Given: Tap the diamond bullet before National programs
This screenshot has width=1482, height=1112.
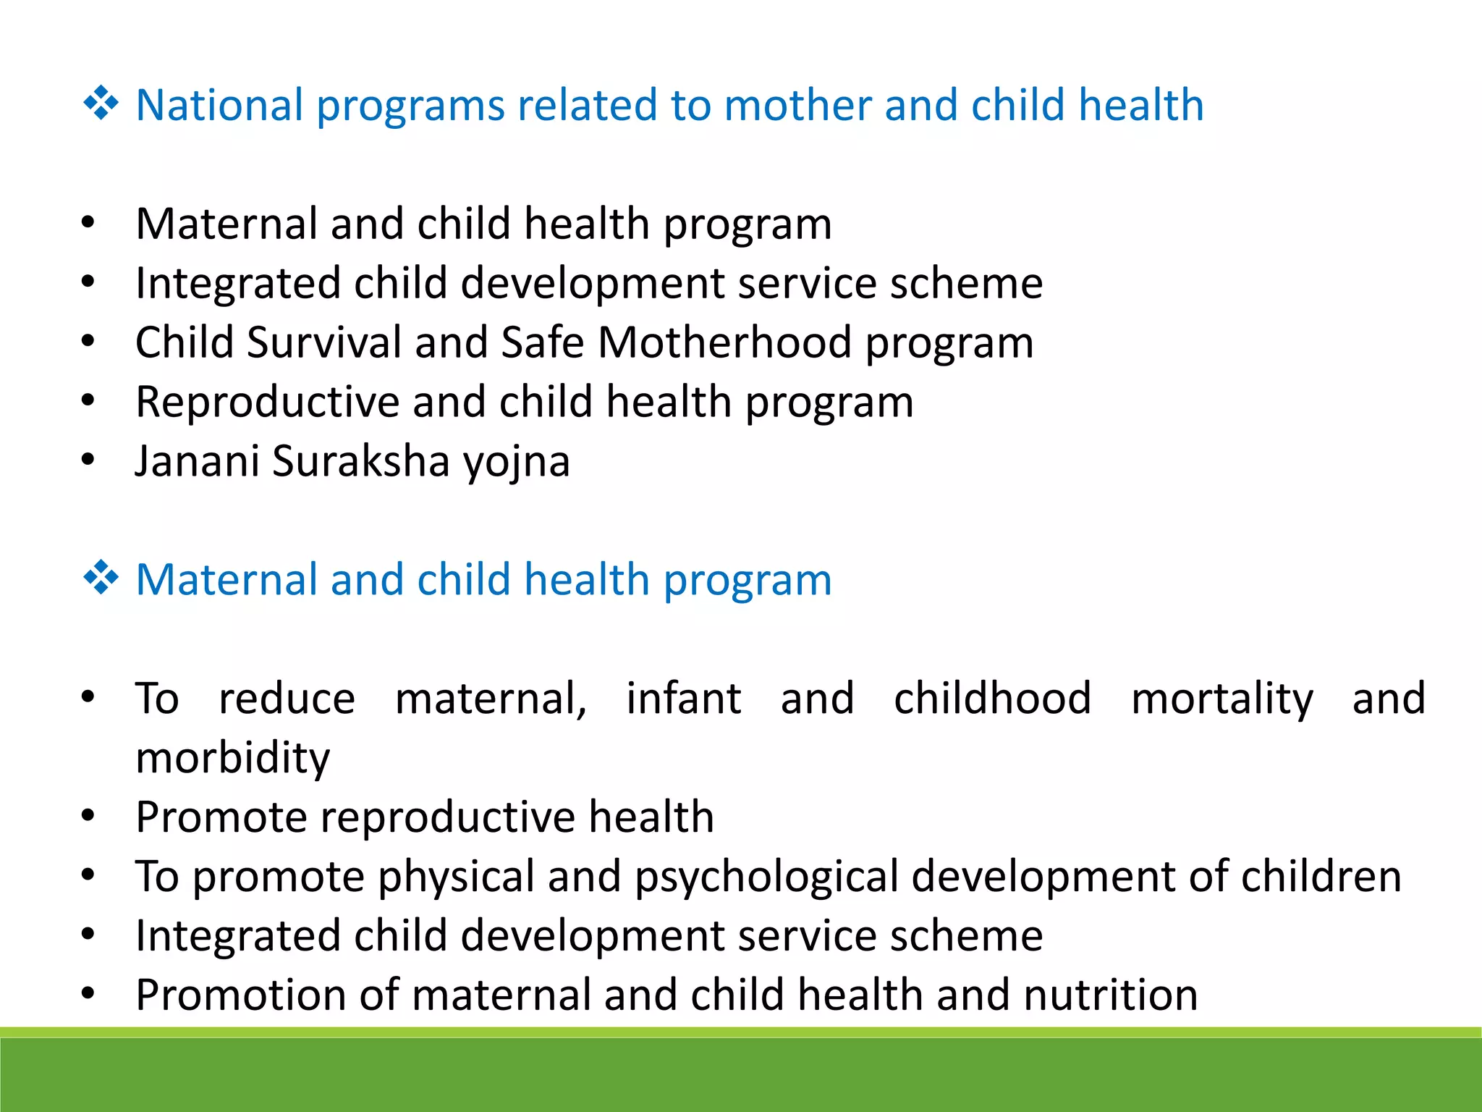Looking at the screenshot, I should [101, 104].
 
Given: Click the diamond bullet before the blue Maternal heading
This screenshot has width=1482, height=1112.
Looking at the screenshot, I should [101, 578].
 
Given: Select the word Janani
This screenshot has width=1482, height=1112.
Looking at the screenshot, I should [197, 461].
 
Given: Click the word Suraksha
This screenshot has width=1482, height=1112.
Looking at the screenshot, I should [360, 461].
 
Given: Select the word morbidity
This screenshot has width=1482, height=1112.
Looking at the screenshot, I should [233, 758].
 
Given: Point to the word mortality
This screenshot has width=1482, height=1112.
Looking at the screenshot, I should [1221, 699].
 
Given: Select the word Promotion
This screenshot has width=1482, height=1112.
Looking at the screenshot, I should [240, 995].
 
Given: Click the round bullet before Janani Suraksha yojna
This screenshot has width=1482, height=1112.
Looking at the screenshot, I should [88, 460].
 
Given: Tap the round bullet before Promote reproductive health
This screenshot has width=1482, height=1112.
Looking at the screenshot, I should [88, 816].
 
